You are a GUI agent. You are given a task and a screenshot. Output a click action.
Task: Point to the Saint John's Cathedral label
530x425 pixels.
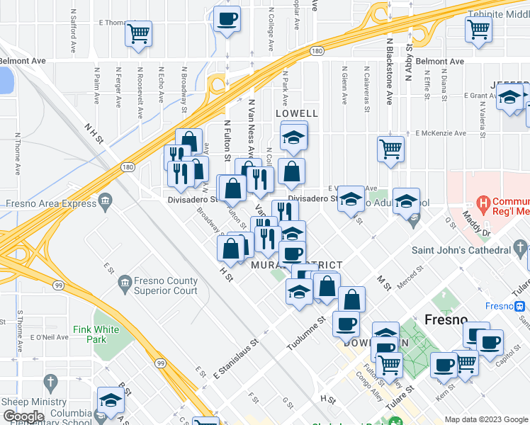[461, 250]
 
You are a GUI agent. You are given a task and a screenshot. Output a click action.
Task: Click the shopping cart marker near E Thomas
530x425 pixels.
[139, 33]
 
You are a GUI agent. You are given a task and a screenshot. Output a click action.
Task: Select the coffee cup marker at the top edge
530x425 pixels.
[227, 19]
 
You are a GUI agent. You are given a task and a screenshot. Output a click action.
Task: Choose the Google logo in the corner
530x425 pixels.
[23, 416]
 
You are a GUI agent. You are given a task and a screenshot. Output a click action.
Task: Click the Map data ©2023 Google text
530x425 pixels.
[485, 419]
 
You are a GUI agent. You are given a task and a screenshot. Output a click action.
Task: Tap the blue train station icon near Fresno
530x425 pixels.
[519, 307]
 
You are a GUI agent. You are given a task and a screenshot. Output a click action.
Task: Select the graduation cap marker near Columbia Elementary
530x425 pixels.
[111, 401]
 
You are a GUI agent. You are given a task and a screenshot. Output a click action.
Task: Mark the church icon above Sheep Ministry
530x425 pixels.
[50, 383]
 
